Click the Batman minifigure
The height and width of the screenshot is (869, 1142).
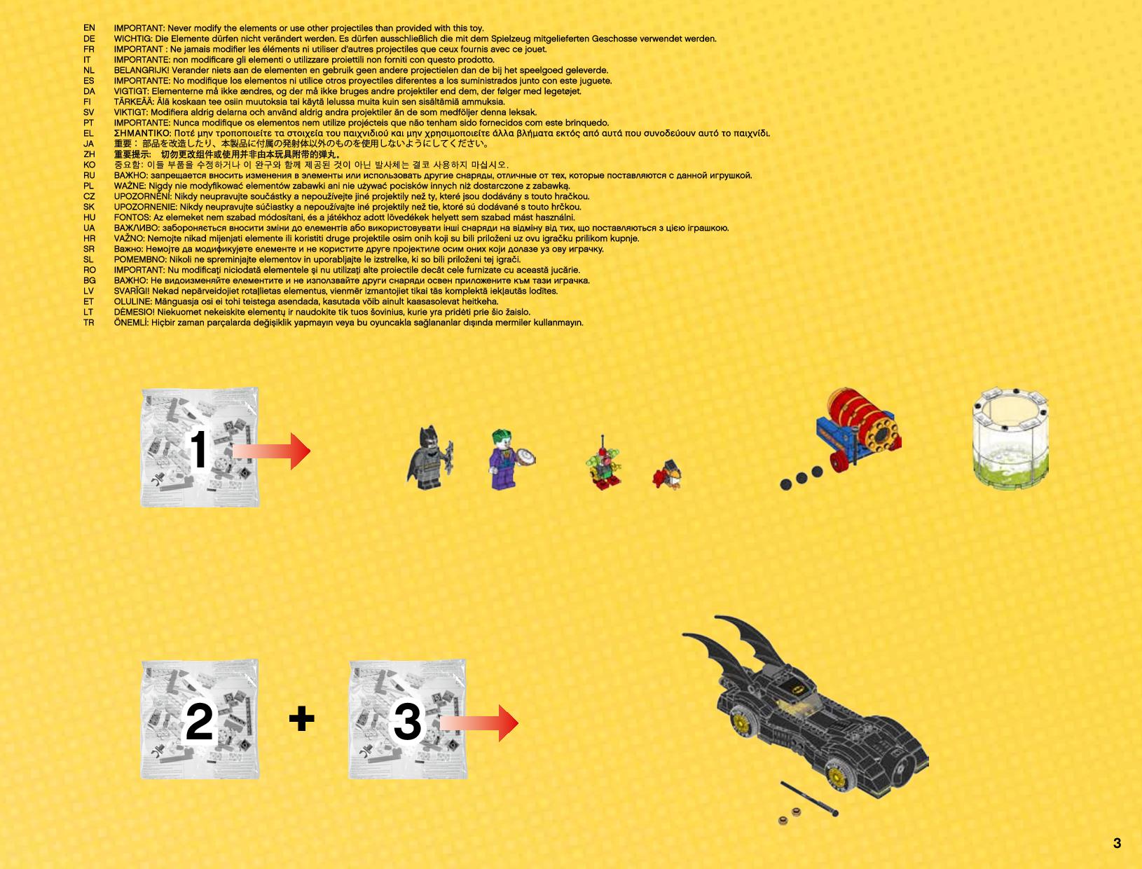click(x=429, y=458)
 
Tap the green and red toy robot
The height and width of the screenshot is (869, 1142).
click(x=603, y=464)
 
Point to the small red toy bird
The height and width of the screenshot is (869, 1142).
click(x=667, y=474)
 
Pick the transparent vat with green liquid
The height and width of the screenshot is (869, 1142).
click(x=1010, y=438)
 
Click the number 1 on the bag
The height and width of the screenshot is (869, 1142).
click(x=198, y=449)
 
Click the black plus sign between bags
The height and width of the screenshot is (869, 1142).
click(x=302, y=719)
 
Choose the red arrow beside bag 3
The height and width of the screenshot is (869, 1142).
click(x=479, y=723)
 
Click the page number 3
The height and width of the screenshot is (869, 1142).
click(x=1117, y=843)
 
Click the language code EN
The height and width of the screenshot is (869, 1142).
click(x=89, y=28)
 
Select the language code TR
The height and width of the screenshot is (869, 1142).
click(x=89, y=322)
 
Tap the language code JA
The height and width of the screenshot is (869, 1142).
click(x=89, y=144)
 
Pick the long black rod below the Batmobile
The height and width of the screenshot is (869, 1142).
click(x=809, y=798)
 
